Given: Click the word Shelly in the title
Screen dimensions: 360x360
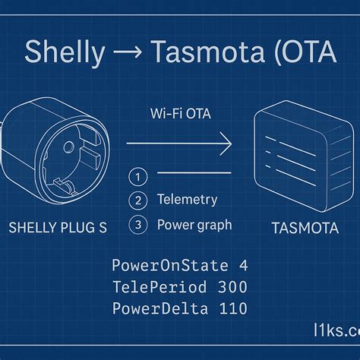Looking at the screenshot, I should (64, 52).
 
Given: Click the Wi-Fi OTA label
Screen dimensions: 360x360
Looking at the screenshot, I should (181, 114).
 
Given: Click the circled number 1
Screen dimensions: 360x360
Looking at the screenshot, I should (138, 177).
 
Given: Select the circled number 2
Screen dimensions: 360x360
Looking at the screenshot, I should (138, 201).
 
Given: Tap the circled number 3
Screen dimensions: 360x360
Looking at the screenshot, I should (138, 225).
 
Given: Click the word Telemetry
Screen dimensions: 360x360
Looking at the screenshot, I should (187, 200).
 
